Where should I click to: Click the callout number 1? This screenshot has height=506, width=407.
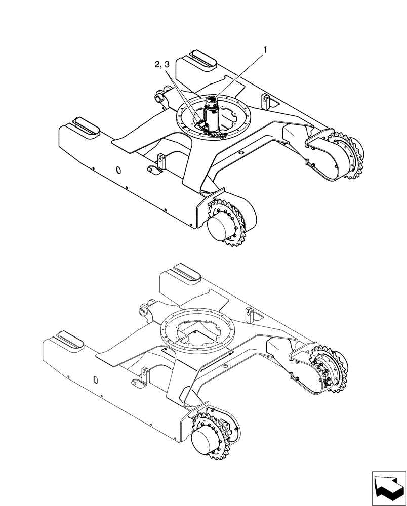(264, 50)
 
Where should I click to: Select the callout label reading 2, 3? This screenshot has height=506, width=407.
(162, 65)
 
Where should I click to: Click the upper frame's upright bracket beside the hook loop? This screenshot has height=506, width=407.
(161, 162)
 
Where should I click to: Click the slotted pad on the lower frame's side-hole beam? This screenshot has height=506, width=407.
(67, 338)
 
